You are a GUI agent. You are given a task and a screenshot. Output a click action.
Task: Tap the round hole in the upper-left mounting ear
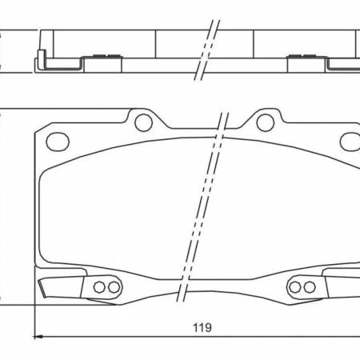coord(143,122)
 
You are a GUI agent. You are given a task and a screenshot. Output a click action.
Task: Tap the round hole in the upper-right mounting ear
coord(264,122)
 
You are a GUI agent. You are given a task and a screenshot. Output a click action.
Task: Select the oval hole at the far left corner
coord(58,141)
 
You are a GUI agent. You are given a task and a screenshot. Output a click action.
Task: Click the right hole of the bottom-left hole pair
coord(114,287)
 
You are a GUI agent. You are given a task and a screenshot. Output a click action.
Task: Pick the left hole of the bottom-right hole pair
coord(294,287)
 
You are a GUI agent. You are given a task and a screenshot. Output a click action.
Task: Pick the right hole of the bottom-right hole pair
coord(308,287)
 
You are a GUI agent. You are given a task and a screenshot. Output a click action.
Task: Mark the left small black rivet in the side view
coord(102,56)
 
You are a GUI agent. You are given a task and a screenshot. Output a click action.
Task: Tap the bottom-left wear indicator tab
coord(62,286)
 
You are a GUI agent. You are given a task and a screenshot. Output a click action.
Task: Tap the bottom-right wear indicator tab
coord(342,286)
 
